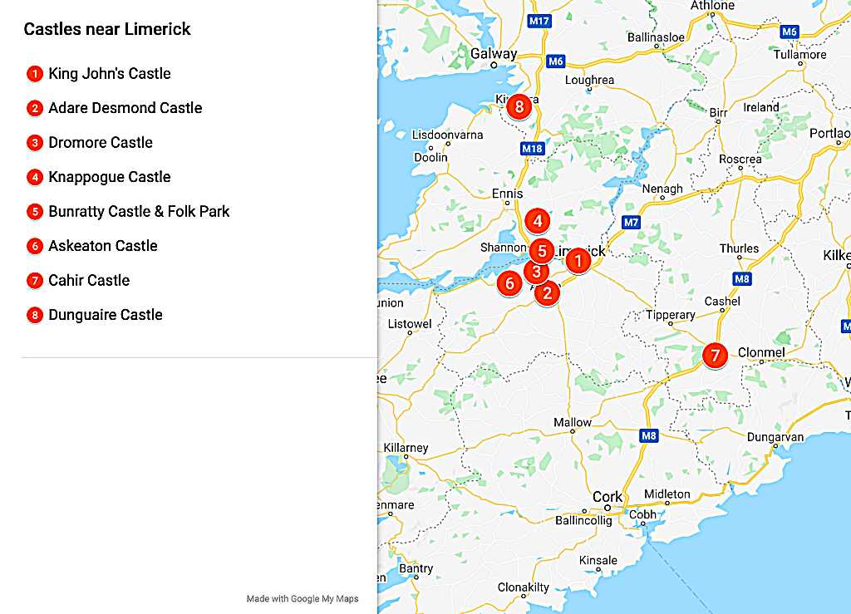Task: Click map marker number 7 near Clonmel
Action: tap(714, 355)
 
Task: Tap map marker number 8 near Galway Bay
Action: tap(519, 106)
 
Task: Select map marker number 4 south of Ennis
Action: tap(538, 221)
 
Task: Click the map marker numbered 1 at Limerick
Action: tap(578, 262)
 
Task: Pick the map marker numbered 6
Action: tap(510, 283)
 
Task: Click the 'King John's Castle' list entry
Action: tap(109, 74)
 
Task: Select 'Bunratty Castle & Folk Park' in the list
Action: tap(139, 211)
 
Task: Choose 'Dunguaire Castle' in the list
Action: tap(106, 315)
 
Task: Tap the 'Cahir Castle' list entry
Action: tap(89, 280)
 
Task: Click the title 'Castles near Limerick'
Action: tap(107, 29)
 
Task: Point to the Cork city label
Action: tap(607, 497)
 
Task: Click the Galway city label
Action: tap(494, 54)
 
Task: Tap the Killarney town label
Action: tap(406, 448)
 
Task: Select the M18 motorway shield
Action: tap(533, 149)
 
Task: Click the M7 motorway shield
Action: tap(631, 222)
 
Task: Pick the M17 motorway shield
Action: tap(539, 20)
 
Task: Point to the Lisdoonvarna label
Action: tap(447, 135)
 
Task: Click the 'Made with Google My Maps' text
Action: tap(303, 598)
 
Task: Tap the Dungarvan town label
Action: tap(775, 437)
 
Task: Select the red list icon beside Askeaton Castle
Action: tap(34, 246)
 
